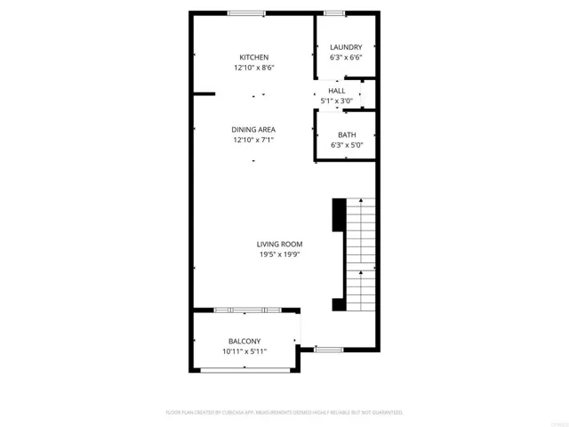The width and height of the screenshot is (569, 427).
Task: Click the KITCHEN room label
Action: coord(253,57)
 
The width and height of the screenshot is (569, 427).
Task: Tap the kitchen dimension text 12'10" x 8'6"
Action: coord(253,68)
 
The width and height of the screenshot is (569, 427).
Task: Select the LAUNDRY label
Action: coord(345,47)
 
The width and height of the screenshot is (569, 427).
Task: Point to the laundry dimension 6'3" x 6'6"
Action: coord(345,58)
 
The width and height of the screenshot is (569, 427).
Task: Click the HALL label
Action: coord(337,91)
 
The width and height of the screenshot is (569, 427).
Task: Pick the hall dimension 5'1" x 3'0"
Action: coord(337,101)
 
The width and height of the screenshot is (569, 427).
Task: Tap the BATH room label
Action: coord(346,135)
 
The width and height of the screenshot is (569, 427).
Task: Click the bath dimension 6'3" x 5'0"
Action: coord(346,146)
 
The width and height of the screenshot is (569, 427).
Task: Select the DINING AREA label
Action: coord(253,130)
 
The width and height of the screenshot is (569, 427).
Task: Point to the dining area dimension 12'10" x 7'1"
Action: coord(253,141)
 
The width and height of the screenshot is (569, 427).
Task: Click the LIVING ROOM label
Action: coord(280,245)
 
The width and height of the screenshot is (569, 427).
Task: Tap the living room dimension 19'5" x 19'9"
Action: coord(280,255)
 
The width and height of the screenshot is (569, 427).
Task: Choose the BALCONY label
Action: coord(244,342)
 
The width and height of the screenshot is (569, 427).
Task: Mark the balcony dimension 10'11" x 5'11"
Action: coord(244,352)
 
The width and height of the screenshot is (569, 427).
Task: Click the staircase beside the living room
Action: coord(360,254)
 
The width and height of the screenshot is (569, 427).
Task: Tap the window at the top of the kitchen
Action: coord(245,13)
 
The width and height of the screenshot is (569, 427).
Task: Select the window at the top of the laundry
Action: coord(334,13)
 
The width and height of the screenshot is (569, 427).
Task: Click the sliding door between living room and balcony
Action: coord(248,310)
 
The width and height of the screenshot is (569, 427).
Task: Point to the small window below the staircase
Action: coord(329,349)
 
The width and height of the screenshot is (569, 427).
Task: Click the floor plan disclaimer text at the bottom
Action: coord(284,413)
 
